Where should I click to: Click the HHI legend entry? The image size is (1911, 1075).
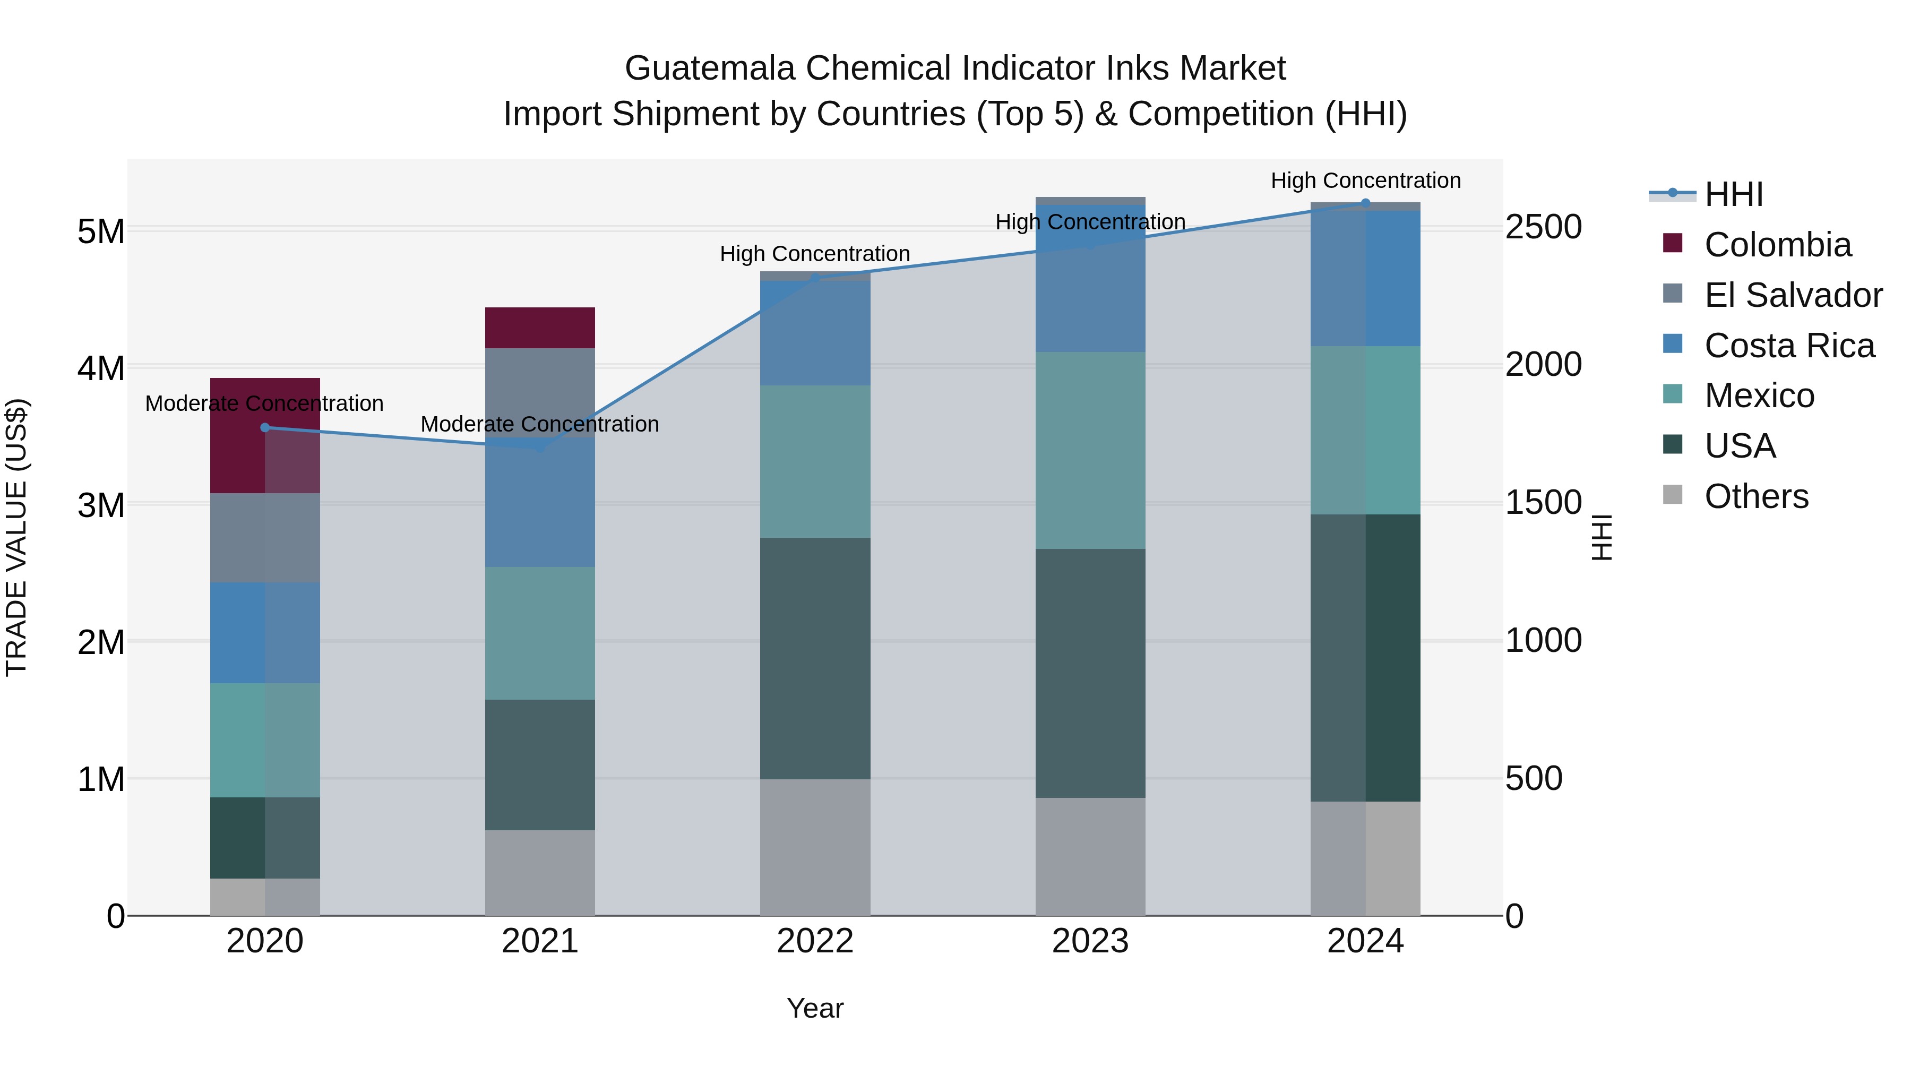1733,194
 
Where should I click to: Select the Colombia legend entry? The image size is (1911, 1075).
1777,245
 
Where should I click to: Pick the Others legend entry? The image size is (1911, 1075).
1756,496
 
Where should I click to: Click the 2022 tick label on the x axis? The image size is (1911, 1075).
814,941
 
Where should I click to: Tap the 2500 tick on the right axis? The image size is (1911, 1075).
1543,227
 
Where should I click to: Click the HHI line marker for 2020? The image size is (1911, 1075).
265,427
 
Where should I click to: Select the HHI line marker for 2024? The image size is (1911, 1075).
1365,203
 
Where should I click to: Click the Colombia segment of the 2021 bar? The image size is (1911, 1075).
540,328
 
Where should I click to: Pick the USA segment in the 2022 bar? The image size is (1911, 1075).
814,658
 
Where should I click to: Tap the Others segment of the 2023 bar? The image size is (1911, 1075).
1090,856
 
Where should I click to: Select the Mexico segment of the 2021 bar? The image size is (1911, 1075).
540,633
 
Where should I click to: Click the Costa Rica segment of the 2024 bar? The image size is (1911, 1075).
1365,278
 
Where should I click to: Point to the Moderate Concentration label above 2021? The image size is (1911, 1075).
540,424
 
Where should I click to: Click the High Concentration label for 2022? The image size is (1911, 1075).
814,254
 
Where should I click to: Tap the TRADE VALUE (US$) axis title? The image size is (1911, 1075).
16,537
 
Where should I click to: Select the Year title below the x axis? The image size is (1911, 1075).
814,1008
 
